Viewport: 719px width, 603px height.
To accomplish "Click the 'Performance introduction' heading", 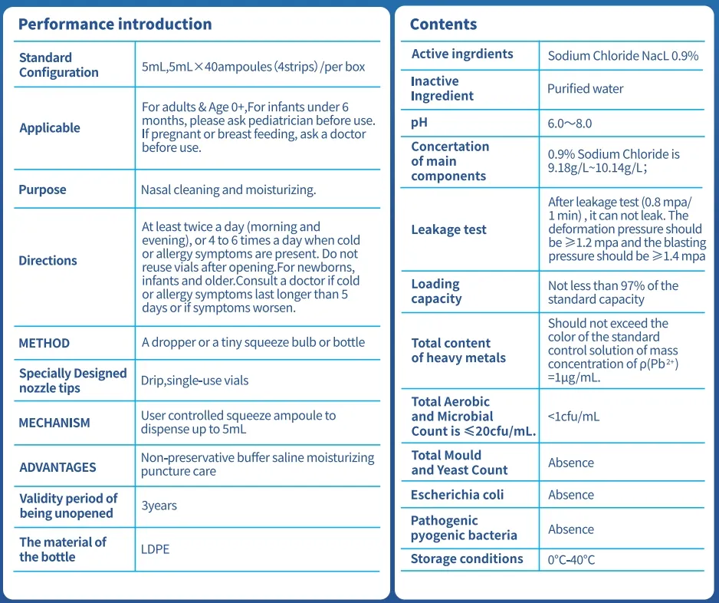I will [x=115, y=24].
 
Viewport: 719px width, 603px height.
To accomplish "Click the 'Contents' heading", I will [x=443, y=24].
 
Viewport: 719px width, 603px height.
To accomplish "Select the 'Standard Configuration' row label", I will [x=59, y=65].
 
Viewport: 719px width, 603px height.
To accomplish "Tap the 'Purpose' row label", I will [x=42, y=189].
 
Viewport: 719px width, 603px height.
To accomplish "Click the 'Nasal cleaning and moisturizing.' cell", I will [x=228, y=189].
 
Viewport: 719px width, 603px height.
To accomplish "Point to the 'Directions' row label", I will [x=48, y=260].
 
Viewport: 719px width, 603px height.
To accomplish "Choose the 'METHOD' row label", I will [x=44, y=343].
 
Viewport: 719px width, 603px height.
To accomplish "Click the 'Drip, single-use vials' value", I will [x=195, y=381].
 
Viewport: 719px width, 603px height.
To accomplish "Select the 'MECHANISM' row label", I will [x=54, y=423].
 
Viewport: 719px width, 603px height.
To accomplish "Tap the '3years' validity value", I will [x=159, y=506].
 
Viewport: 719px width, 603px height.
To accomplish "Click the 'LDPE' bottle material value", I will [x=155, y=549].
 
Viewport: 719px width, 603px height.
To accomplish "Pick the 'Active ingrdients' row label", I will [x=462, y=54].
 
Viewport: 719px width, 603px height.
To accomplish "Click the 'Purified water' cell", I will [x=585, y=89].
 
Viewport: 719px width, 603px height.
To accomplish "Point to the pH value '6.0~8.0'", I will [x=570, y=123].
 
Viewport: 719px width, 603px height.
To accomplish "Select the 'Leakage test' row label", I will [x=448, y=229].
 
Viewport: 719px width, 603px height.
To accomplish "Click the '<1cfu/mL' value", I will [x=573, y=417].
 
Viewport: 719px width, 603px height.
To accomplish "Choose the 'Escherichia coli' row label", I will [x=457, y=495].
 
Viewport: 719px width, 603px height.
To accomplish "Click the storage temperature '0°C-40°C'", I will [x=571, y=559].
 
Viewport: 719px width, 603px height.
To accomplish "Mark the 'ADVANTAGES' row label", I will [x=57, y=467].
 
